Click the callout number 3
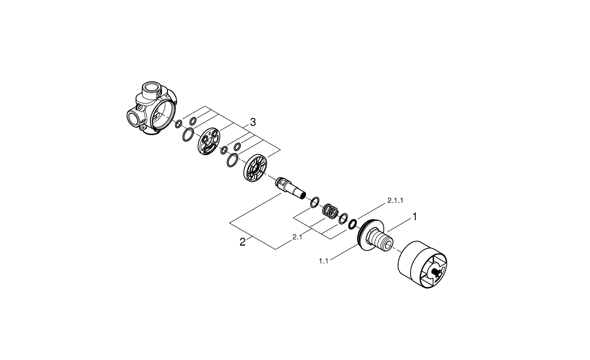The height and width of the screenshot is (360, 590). [x=253, y=122]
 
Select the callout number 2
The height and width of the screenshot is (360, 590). [x=242, y=242]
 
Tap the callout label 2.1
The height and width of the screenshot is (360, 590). [x=297, y=237]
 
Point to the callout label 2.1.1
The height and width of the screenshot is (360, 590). [x=395, y=200]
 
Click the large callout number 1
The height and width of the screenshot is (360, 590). [x=415, y=217]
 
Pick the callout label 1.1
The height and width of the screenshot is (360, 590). [x=323, y=261]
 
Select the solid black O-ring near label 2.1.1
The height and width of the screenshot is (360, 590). [x=352, y=224]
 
